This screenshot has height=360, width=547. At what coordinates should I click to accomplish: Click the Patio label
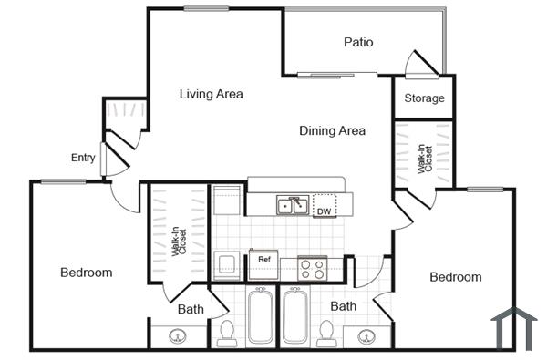(x=358, y=42)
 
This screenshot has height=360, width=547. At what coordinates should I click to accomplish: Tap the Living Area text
(x=211, y=94)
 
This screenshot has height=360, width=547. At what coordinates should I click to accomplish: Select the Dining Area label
(x=332, y=130)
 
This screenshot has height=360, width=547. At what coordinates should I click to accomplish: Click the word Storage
(x=424, y=98)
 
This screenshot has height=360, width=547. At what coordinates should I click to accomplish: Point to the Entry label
(x=83, y=158)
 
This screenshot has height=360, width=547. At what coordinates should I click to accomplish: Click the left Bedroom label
(x=87, y=273)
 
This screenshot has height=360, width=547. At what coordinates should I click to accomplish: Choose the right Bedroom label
(x=456, y=277)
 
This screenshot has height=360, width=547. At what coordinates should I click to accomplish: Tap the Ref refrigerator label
(x=264, y=260)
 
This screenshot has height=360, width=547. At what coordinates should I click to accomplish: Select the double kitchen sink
(x=292, y=205)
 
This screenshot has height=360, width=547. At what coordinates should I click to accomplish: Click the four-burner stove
(x=313, y=268)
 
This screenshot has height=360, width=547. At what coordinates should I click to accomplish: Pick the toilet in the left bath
(x=227, y=332)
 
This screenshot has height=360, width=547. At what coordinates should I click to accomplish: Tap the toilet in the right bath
(x=326, y=332)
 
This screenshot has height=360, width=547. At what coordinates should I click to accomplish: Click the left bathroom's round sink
(x=175, y=336)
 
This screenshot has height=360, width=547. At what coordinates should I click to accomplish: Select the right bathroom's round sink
(x=368, y=336)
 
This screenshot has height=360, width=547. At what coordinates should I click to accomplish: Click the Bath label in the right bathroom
(x=343, y=306)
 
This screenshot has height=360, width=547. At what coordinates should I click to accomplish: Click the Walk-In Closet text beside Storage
(x=424, y=158)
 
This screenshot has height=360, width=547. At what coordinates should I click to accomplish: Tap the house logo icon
(x=512, y=327)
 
